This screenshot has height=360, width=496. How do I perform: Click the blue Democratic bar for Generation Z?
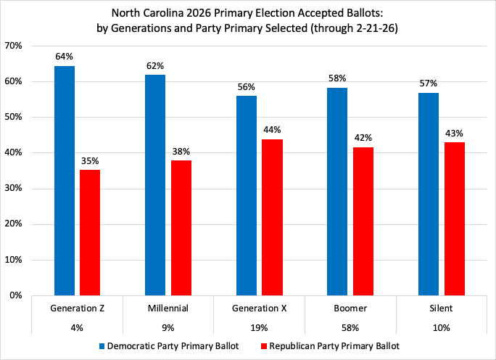point(64,181)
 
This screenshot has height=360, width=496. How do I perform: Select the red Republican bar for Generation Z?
point(90,232)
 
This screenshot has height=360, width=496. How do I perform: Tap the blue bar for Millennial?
point(155,185)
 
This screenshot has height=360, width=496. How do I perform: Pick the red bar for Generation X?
point(272,217)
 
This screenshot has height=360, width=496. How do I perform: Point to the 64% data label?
point(64,56)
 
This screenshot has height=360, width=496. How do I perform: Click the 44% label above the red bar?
point(272,129)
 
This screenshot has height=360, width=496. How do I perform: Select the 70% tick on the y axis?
point(14,46)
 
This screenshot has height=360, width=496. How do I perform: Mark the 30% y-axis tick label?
point(14,189)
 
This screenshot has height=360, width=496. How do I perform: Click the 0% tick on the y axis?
point(17,295)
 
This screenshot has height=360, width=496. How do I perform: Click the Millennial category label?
point(169,308)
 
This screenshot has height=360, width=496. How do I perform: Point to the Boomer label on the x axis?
point(350,308)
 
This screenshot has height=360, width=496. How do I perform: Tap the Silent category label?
point(441,308)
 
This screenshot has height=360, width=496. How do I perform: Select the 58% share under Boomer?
point(350,327)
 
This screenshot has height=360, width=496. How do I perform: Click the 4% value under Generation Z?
point(78,327)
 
